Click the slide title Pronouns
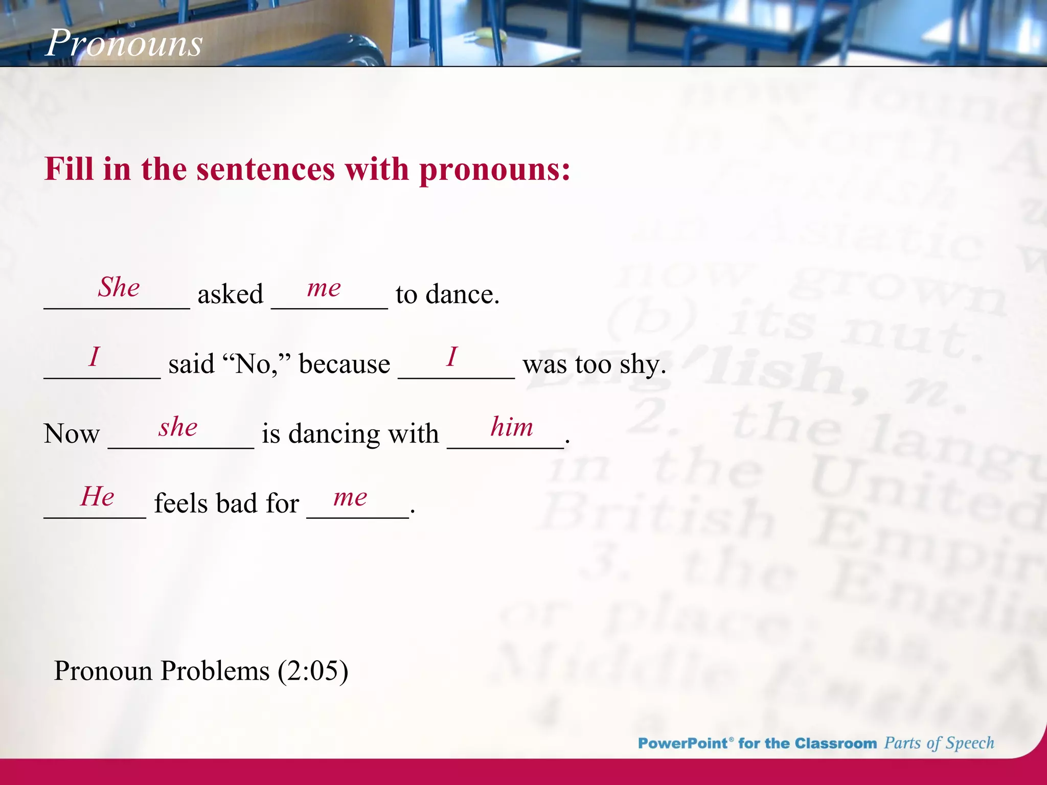pyautogui.click(x=124, y=42)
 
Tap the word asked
pyautogui.click(x=230, y=294)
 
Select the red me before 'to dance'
pyautogui.click(x=324, y=288)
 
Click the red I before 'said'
pyautogui.click(x=94, y=356)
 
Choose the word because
pyautogui.click(x=344, y=364)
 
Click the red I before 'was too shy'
pyautogui.click(x=452, y=356)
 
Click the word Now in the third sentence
pyautogui.click(x=72, y=434)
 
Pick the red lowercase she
pyautogui.click(x=178, y=427)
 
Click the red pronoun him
pyautogui.click(x=511, y=427)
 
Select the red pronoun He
pyautogui.click(x=97, y=496)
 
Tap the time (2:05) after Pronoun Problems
pyautogui.click(x=313, y=671)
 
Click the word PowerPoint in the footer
pyautogui.click(x=683, y=743)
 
